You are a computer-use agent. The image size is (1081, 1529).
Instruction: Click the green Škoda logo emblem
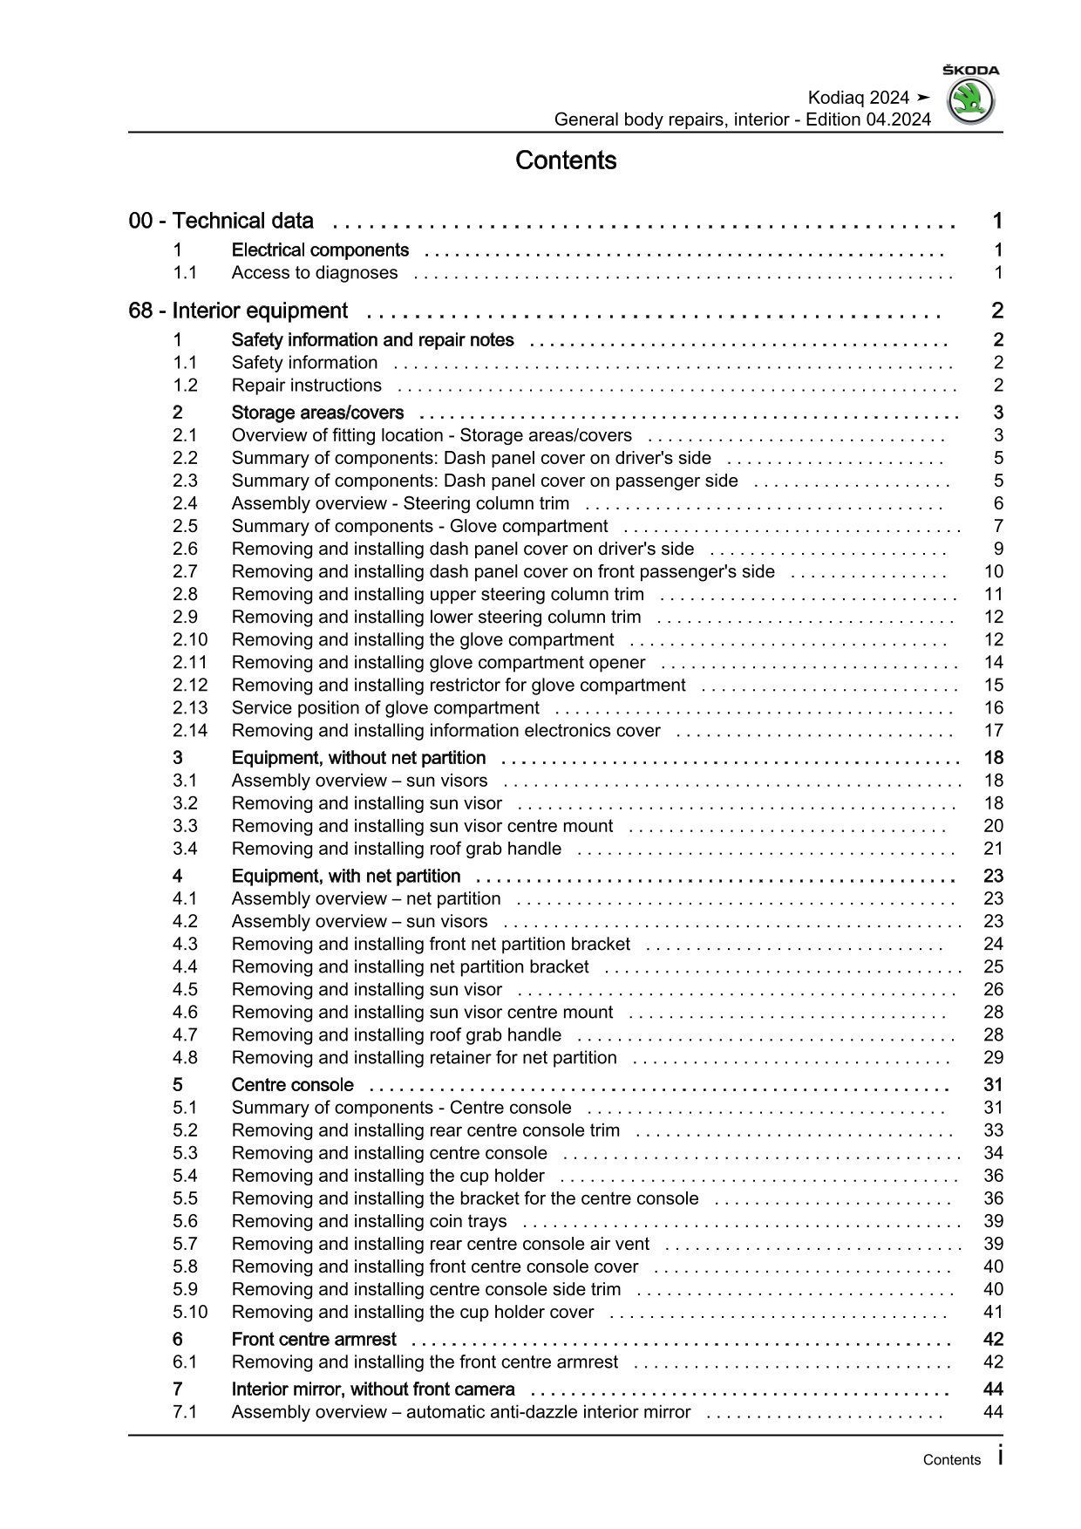tap(970, 102)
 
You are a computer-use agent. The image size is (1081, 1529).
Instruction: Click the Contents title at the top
tap(566, 160)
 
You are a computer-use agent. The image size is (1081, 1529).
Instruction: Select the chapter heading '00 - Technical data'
tap(221, 222)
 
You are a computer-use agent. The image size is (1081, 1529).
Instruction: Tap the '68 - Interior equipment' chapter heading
tap(237, 311)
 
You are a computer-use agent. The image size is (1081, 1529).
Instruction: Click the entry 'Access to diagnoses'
tap(314, 273)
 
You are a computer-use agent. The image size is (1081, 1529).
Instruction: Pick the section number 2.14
tap(189, 731)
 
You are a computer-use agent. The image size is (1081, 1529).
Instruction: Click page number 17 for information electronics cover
tap(993, 731)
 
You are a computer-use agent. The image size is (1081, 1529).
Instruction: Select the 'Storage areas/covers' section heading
tap(317, 413)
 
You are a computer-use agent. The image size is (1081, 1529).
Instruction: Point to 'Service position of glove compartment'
tap(385, 708)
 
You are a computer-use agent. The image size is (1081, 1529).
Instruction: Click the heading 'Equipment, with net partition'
tap(345, 877)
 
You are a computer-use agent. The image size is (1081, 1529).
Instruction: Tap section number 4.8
tap(185, 1058)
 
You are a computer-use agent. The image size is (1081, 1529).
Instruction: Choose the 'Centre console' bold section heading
tap(292, 1085)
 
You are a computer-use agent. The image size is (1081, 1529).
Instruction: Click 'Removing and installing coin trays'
tap(369, 1221)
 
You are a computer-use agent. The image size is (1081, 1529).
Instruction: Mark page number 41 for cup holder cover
tap(993, 1312)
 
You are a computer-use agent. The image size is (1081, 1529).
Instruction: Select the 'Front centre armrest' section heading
tap(313, 1340)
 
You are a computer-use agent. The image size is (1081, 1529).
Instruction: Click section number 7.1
tap(184, 1412)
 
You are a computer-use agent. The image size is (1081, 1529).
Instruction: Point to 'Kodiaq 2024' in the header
tap(858, 98)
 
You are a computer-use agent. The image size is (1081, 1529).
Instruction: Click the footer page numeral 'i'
tap(999, 1456)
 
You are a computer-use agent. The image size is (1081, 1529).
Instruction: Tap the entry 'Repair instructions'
tap(306, 386)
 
